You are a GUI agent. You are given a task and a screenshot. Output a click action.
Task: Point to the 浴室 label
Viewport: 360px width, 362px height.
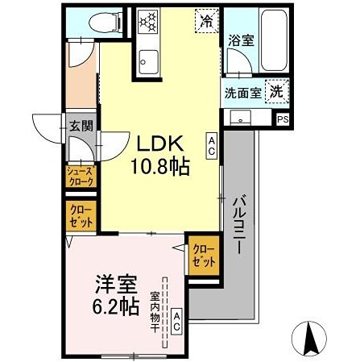(x=240, y=40)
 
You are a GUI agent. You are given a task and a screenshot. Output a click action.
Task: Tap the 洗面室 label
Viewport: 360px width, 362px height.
(x=242, y=92)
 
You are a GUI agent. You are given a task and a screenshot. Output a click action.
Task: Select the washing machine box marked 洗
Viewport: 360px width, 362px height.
(x=276, y=91)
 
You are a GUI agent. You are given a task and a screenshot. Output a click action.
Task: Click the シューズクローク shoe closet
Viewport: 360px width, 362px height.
(x=80, y=177)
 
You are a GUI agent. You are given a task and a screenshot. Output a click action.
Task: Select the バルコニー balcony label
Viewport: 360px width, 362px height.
(x=239, y=226)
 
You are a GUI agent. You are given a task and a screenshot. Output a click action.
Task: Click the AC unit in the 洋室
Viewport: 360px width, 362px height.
(x=176, y=323)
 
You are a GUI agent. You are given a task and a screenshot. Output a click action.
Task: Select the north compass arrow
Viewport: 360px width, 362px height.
(x=308, y=339)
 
